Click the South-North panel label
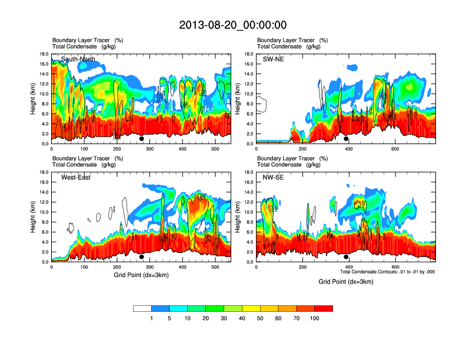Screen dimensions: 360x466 pyautogui.click(x=78, y=59)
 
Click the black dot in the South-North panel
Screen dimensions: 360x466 pyautogui.click(x=142, y=139)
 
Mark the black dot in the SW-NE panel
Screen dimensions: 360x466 pyautogui.click(x=346, y=139)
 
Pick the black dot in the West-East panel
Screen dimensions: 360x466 pyautogui.click(x=142, y=257)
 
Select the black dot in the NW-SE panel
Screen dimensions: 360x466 pyautogui.click(x=346, y=257)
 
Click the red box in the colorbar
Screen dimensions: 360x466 pyautogui.click(x=324, y=308)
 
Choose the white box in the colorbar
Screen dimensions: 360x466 pyautogui.click(x=142, y=308)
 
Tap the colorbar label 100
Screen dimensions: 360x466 pyautogui.click(x=315, y=318)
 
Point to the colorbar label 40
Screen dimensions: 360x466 pyautogui.click(x=242, y=318)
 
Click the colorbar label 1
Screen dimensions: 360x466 pyautogui.click(x=152, y=318)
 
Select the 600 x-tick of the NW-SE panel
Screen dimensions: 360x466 pyautogui.click(x=395, y=267)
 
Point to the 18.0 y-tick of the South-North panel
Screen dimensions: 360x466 pyautogui.click(x=44, y=54)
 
